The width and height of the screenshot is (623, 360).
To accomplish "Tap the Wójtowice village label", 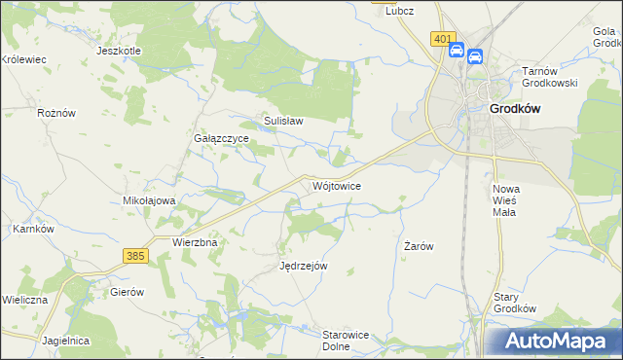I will (x=338, y=185).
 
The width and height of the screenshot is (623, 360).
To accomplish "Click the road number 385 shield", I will (x=135, y=255).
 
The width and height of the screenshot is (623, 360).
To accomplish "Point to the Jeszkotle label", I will (x=119, y=51).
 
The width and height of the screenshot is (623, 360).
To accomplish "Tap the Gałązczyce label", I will (x=220, y=139).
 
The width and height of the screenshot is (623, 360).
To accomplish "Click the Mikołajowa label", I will (x=148, y=200).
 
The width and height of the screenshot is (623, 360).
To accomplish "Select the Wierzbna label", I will (x=193, y=241).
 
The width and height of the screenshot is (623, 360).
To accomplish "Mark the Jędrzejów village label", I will (x=303, y=266).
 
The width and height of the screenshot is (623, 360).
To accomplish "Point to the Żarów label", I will (x=419, y=247).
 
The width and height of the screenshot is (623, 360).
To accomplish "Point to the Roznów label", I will (x=56, y=113).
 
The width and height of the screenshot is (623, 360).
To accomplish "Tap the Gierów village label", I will (x=127, y=292).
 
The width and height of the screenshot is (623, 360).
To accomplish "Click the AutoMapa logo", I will (x=554, y=342).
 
